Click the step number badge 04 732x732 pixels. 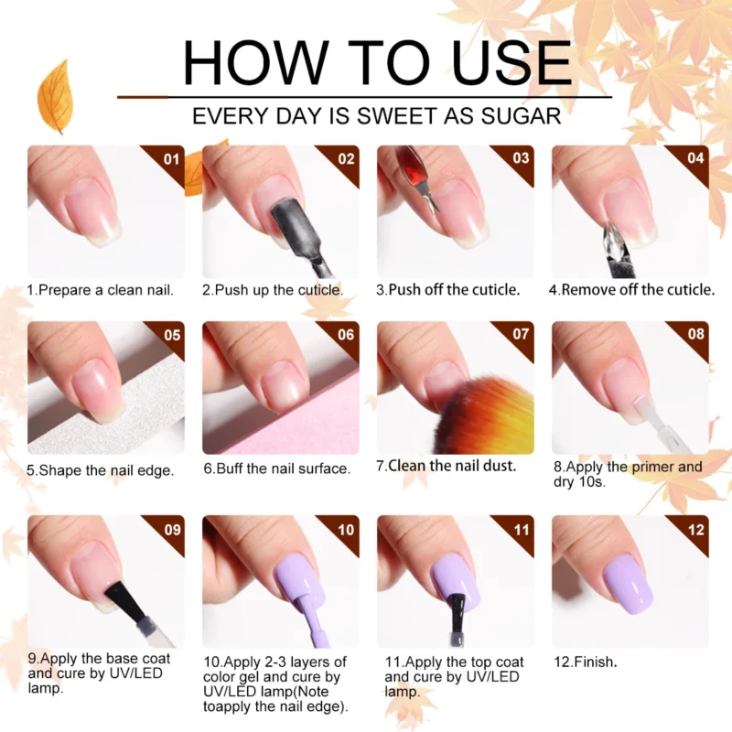pyautogui.click(x=695, y=158)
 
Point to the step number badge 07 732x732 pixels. pyautogui.click(x=520, y=334)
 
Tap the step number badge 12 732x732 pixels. pyautogui.click(x=695, y=529)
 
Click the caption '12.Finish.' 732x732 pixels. pyautogui.click(x=586, y=661)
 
